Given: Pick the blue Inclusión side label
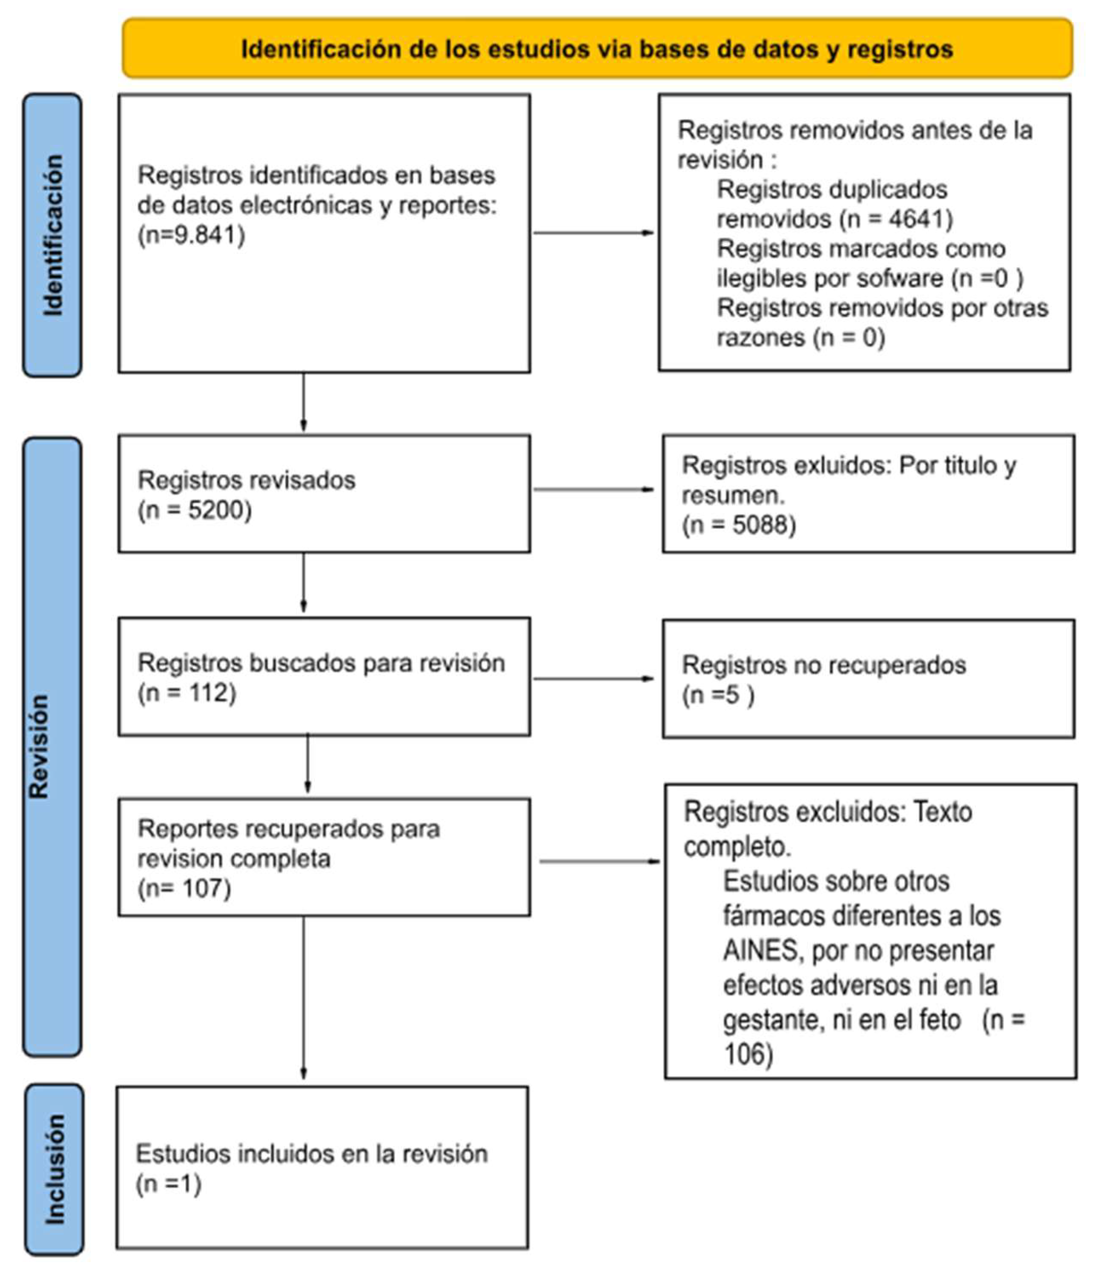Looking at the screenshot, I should coord(54,1170).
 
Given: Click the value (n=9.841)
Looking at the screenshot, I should coord(191,235).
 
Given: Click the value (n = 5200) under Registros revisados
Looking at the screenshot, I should coord(195,510).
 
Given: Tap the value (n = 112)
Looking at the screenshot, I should coord(187,693).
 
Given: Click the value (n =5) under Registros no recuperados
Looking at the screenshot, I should coord(718,695).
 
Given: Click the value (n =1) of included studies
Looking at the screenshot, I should coord(169,1184).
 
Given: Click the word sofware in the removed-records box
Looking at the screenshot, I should coord(900,278).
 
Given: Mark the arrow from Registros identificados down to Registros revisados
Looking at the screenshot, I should coord(304,401).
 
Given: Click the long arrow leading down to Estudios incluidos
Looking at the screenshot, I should coord(304,999).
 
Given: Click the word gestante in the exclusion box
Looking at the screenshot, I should coord(767,1021).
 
